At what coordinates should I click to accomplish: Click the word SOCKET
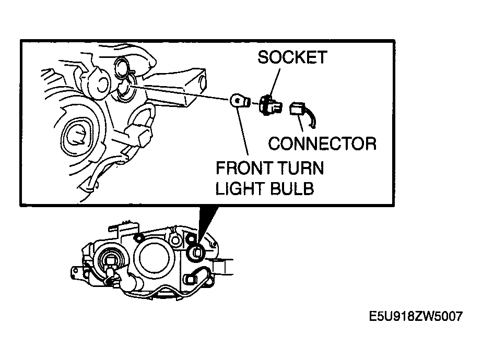pos(292,57)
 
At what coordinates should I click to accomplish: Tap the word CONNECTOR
pos(322,143)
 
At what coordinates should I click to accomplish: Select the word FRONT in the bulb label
pos(244,168)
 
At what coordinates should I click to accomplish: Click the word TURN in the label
pos(300,168)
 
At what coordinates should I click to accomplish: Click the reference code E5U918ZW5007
pos(416,316)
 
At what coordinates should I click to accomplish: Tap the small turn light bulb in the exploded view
pos(240,101)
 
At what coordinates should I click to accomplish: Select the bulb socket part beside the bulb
pos(270,105)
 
